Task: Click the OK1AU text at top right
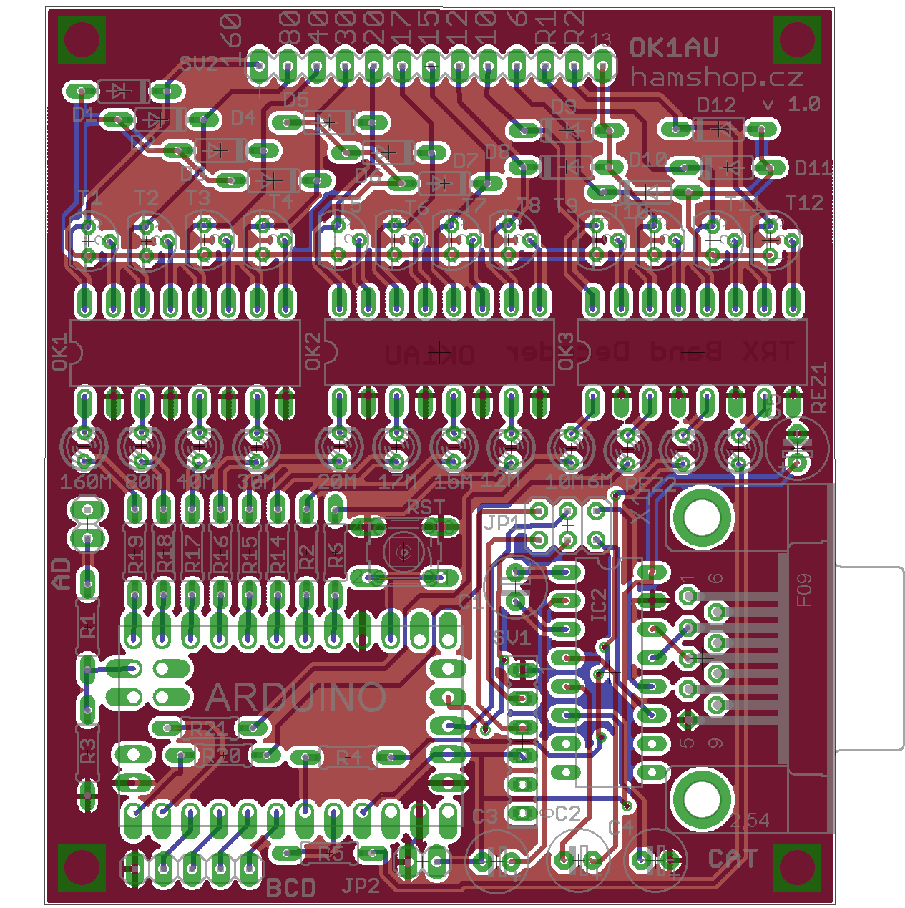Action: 674,48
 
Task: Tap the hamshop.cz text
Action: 716,77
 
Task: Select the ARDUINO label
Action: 296,697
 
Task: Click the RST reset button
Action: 403,551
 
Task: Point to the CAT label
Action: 732,859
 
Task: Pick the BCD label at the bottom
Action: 290,888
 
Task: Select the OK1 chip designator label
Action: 60,353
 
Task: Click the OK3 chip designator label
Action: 565,351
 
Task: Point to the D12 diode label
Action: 716,105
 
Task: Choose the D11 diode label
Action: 813,168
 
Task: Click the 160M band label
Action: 85,481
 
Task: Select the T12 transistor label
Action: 804,202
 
